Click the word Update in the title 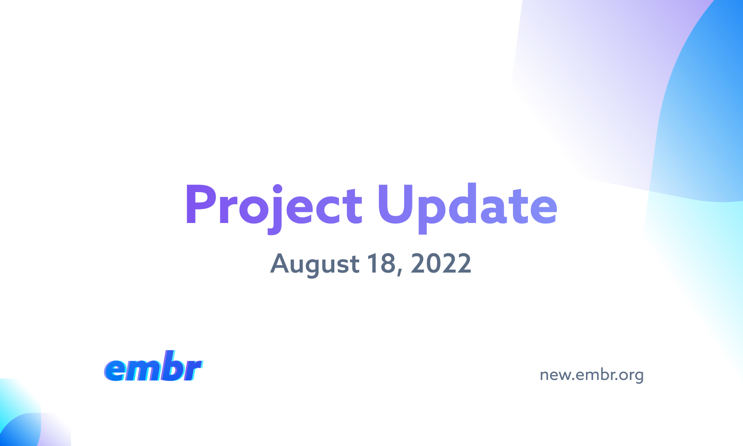tap(468, 208)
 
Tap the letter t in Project tap(354, 206)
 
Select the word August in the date tap(315, 265)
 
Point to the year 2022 tap(441, 263)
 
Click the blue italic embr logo tap(153, 366)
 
